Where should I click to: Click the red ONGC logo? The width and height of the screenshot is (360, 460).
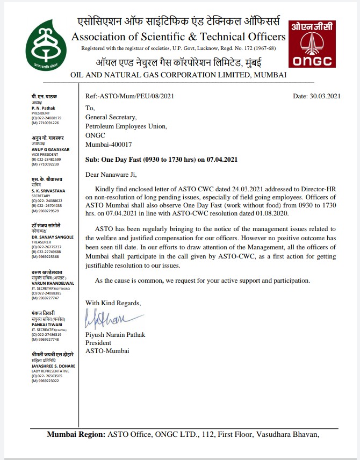[x=312, y=45]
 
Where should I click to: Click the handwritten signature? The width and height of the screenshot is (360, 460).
[x=107, y=319]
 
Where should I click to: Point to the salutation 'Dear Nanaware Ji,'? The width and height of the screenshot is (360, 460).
[x=111, y=174]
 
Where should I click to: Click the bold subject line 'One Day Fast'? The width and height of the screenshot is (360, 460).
[x=162, y=160]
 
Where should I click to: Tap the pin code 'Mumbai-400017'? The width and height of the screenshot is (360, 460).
[x=109, y=145]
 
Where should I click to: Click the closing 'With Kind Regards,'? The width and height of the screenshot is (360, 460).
[x=113, y=303]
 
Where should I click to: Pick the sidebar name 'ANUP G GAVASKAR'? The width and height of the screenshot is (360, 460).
[x=51, y=149]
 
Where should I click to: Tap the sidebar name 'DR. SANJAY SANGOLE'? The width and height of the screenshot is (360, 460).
[x=53, y=237]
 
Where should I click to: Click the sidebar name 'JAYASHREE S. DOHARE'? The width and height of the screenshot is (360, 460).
[x=53, y=366]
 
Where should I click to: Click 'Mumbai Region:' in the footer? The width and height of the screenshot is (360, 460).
[x=76, y=435]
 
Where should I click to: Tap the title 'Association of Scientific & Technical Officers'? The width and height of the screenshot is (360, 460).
[x=178, y=37]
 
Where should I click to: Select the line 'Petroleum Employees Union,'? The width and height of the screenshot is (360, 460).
[x=126, y=126]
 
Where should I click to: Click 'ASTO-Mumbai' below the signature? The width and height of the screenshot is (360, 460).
[x=105, y=351]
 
